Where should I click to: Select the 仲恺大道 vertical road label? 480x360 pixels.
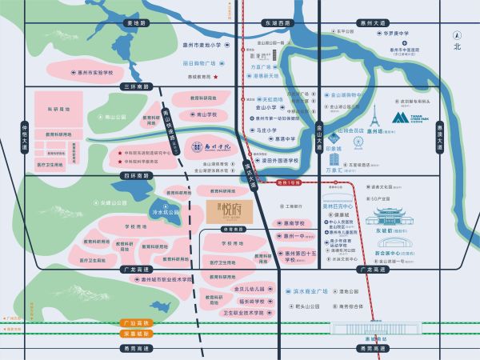[24, 137]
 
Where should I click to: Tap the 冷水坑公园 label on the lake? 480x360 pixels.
[166, 212]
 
